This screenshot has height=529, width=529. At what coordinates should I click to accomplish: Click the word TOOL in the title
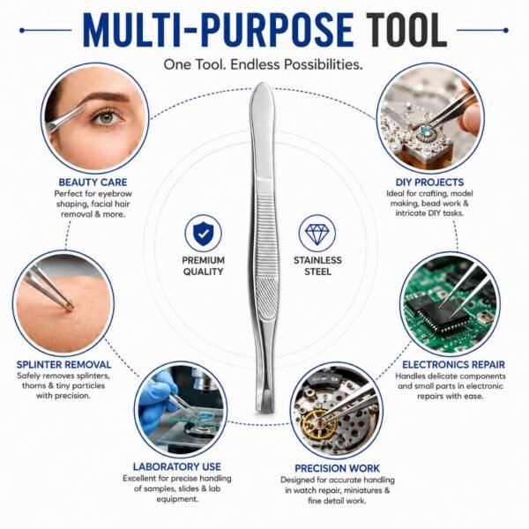pyautogui.click(x=406, y=30)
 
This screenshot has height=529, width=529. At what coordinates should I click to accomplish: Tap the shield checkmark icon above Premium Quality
pyautogui.click(x=203, y=234)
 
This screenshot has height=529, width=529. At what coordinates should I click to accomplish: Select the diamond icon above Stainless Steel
pyautogui.click(x=317, y=234)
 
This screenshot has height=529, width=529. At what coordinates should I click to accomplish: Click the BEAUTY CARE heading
pyautogui.click(x=93, y=183)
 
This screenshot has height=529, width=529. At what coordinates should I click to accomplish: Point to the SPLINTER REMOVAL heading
pyautogui.click(x=64, y=365)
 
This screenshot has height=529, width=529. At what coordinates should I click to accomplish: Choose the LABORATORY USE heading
pyautogui.click(x=177, y=466)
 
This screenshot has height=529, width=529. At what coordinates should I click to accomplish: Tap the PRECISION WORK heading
pyautogui.click(x=338, y=468)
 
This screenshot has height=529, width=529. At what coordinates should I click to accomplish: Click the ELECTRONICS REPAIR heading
pyautogui.click(x=453, y=365)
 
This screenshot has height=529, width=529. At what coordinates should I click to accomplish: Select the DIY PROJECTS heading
pyautogui.click(x=430, y=183)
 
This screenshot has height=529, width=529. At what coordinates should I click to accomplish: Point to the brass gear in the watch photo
pyautogui.click(x=318, y=424)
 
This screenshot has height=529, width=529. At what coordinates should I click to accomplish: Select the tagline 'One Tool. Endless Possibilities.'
pyautogui.click(x=263, y=64)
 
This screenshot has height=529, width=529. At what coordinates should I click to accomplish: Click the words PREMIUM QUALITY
pyautogui.click(x=203, y=266)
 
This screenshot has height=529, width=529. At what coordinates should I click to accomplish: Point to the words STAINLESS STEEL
pyautogui.click(x=317, y=266)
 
